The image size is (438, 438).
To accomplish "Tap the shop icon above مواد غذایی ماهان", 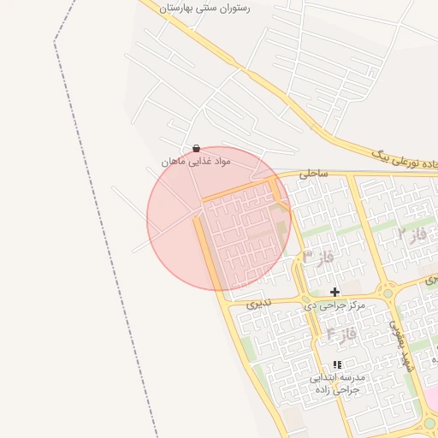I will pyautogui.click(x=197, y=148).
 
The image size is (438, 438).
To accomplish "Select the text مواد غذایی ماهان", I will pyautogui.click(x=195, y=162).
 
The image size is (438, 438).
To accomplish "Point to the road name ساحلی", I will pyautogui.click(x=314, y=173).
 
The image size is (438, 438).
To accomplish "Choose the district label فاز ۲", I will pyautogui.click(x=412, y=233).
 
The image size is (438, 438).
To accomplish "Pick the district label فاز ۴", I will pyautogui.click(x=341, y=334).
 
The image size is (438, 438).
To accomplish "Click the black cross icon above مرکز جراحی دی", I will pyautogui.click(x=334, y=292).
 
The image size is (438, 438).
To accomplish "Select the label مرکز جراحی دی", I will pyautogui.click(x=334, y=305).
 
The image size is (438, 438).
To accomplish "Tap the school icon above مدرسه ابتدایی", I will pyautogui.click(x=336, y=364).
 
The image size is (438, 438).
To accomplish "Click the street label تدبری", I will pyautogui.click(x=258, y=303).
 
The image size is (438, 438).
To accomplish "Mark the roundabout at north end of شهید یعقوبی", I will pyautogui.click(x=388, y=293).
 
